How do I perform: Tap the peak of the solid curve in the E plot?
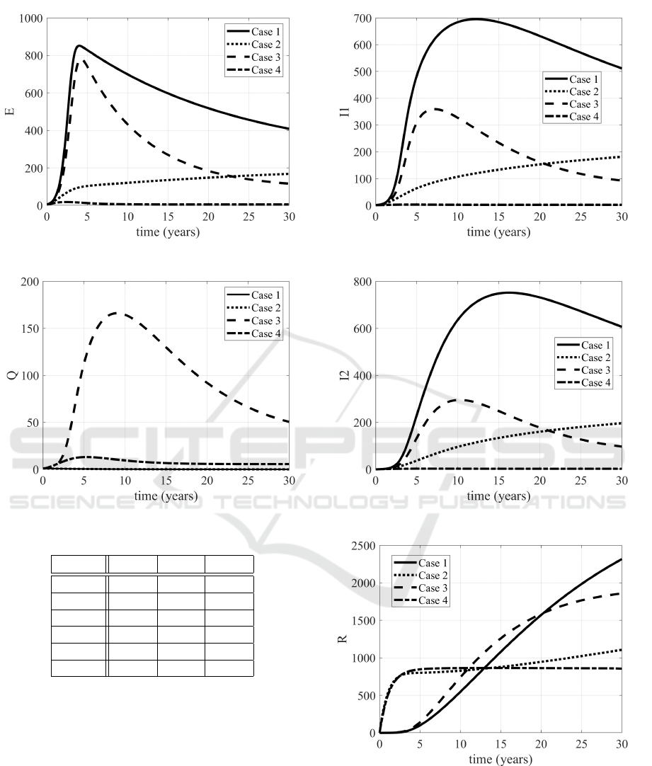pyautogui.click(x=79, y=46)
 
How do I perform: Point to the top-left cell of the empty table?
pyautogui.click(x=79, y=564)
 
